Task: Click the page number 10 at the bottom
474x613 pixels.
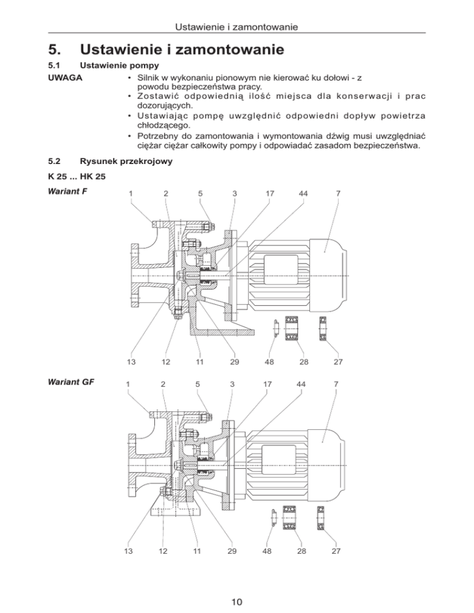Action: (x=237, y=596)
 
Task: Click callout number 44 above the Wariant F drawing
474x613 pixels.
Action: (x=303, y=194)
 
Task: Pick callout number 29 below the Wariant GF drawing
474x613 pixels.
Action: (x=231, y=551)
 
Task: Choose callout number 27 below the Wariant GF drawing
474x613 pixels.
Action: (x=336, y=551)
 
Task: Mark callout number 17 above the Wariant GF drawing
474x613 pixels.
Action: (x=268, y=384)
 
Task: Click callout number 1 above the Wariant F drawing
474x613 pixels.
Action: (x=130, y=194)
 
